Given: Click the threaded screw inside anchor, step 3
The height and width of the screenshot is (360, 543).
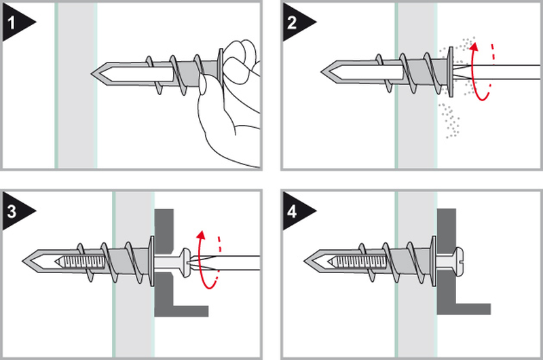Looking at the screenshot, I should [x=81, y=260].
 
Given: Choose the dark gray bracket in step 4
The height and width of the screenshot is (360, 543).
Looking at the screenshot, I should [x=448, y=299].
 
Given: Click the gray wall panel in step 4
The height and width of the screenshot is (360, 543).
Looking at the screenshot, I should [x=415, y=312].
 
